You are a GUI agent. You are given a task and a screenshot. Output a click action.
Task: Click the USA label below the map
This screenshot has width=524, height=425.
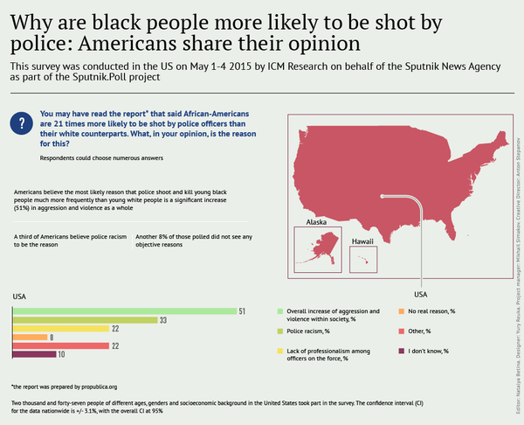click(420, 294)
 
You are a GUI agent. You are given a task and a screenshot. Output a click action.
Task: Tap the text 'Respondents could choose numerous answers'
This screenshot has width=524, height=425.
click(100, 158)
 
